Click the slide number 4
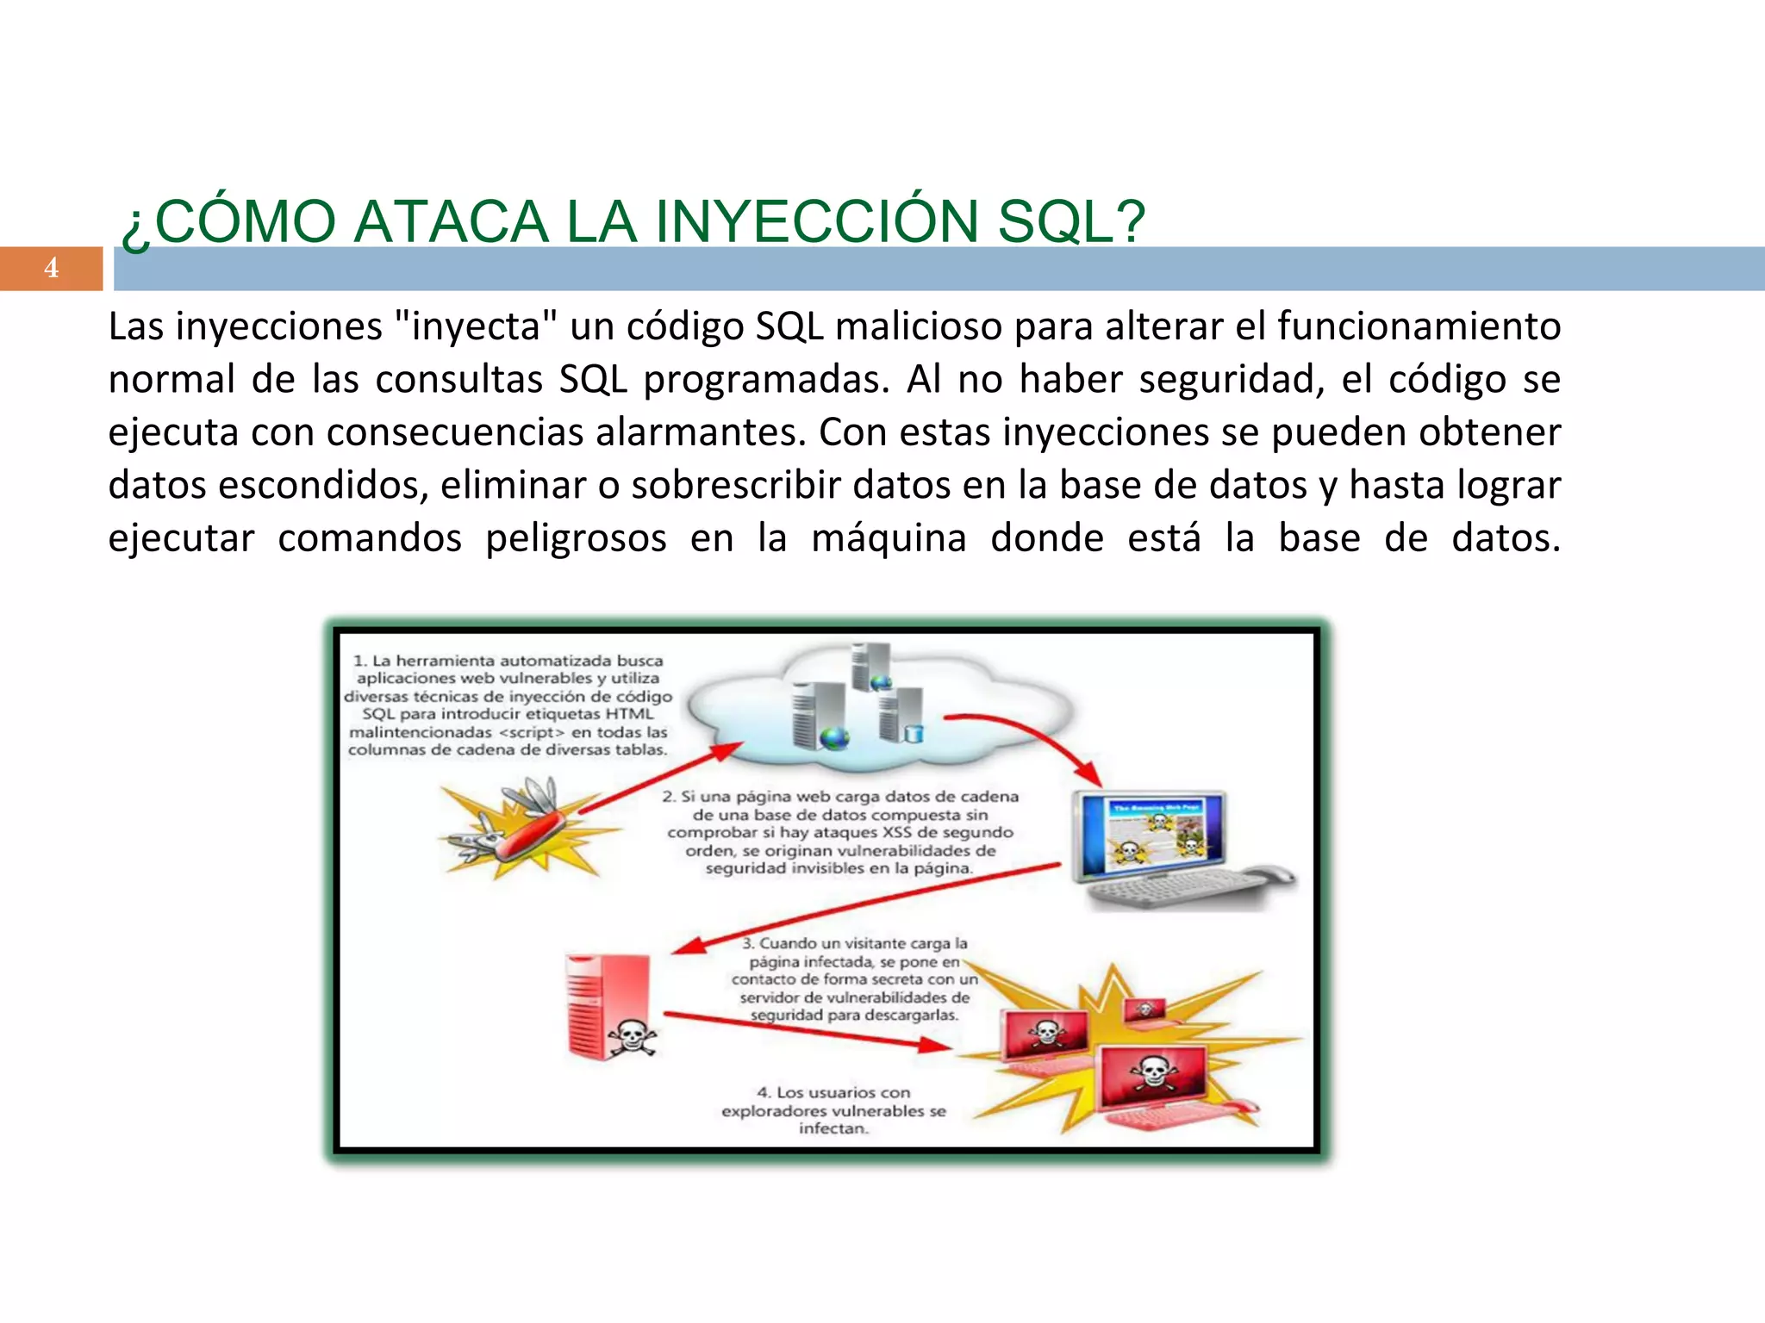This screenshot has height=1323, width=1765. [x=51, y=268]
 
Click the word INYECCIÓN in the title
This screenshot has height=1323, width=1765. [x=816, y=221]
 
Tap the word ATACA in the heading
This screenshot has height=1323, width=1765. [x=451, y=221]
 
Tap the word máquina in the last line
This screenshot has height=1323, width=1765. [x=889, y=538]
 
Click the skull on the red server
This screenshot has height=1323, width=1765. [x=632, y=1037]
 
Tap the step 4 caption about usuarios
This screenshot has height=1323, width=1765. [x=833, y=1110]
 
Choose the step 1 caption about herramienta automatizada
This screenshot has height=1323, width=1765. [x=508, y=705]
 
